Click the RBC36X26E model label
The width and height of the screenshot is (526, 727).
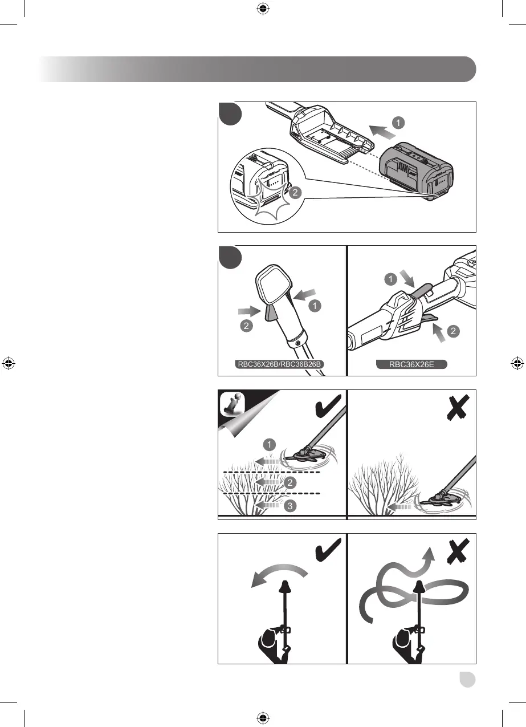[x=411, y=364]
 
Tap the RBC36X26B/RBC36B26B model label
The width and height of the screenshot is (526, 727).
[x=282, y=364]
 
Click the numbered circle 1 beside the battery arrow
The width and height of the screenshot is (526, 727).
[x=399, y=121]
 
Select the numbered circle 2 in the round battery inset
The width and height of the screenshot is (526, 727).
[x=294, y=193]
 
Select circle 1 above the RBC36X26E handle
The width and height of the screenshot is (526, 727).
[x=389, y=279]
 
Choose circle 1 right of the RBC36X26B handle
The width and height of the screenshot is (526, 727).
[x=314, y=306]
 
